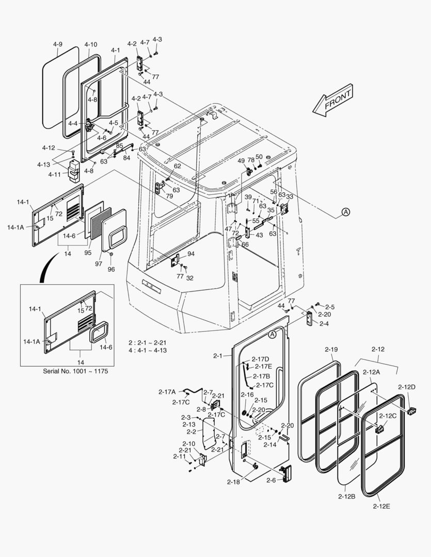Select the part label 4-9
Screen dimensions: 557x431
pyautogui.click(x=57, y=44)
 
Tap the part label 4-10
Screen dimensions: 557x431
pyautogui.click(x=90, y=44)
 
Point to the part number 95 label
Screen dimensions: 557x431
pyautogui.click(x=88, y=252)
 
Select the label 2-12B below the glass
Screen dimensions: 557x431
pyautogui.click(x=346, y=496)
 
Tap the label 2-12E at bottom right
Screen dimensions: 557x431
pyautogui.click(x=381, y=506)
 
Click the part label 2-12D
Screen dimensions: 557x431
pyautogui.click(x=407, y=387)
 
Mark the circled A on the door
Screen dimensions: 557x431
pyautogui.click(x=273, y=334)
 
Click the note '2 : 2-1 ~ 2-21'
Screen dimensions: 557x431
pyautogui.click(x=147, y=343)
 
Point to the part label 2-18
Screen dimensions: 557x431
pyautogui.click(x=233, y=482)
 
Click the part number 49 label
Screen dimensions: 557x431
pyautogui.click(x=241, y=161)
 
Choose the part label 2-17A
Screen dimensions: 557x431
pyautogui.click(x=167, y=392)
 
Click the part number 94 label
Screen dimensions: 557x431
pyautogui.click(x=191, y=254)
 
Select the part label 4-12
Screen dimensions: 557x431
pyautogui.click(x=49, y=148)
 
